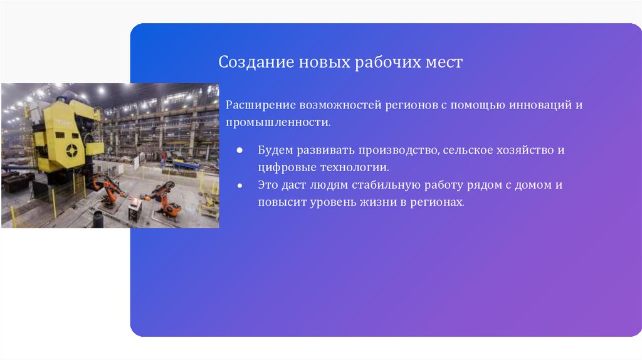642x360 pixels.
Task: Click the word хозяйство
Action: coord(526,151)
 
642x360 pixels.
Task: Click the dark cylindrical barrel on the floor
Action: coord(98,220)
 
